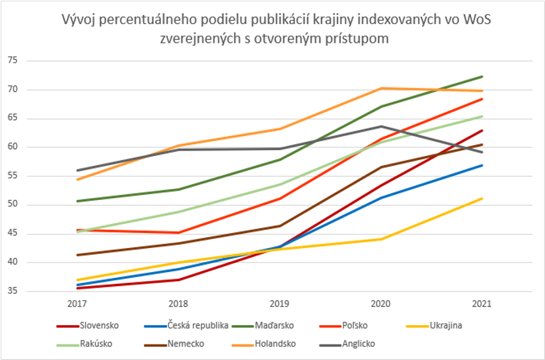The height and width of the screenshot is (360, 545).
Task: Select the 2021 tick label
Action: (481, 303)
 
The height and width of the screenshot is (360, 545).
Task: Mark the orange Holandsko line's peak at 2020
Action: (382, 88)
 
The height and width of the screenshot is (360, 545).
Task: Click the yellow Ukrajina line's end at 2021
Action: (481, 199)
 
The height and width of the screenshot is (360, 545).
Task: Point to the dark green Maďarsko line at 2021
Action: (481, 77)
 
